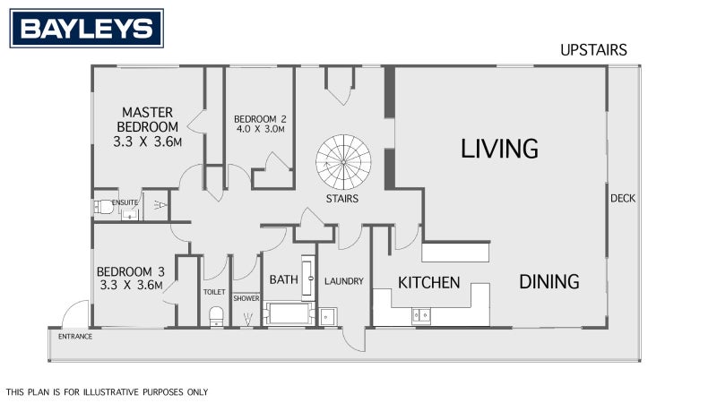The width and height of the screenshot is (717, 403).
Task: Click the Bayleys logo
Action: pos(87,29)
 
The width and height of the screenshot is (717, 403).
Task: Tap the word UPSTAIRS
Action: pos(593,50)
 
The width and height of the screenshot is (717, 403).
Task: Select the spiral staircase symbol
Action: pos(343,162)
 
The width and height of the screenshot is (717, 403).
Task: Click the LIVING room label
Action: pos(499,149)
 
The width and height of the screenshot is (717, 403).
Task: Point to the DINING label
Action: pos(549,281)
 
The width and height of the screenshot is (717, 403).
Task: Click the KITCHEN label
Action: pos(429,282)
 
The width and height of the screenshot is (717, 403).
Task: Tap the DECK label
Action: pos(623,198)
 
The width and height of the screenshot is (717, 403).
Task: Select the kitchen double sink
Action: pos(421,316)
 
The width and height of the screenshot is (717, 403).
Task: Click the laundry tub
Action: pos(328,317)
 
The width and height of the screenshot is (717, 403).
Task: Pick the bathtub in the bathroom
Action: pos(289,313)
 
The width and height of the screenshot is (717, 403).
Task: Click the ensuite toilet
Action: pos(104,207)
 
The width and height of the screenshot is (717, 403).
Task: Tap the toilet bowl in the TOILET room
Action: pos(216,316)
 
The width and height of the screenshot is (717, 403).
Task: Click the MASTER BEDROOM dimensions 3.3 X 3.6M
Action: pos(147,141)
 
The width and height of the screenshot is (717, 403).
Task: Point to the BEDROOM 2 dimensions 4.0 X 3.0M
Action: pos(260,129)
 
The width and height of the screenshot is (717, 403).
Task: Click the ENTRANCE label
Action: pos(75,337)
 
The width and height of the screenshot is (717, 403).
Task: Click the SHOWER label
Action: pos(246,298)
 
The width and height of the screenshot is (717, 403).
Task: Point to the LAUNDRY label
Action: pos(344,281)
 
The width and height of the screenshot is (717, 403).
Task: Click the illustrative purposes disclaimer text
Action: pos(107,392)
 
